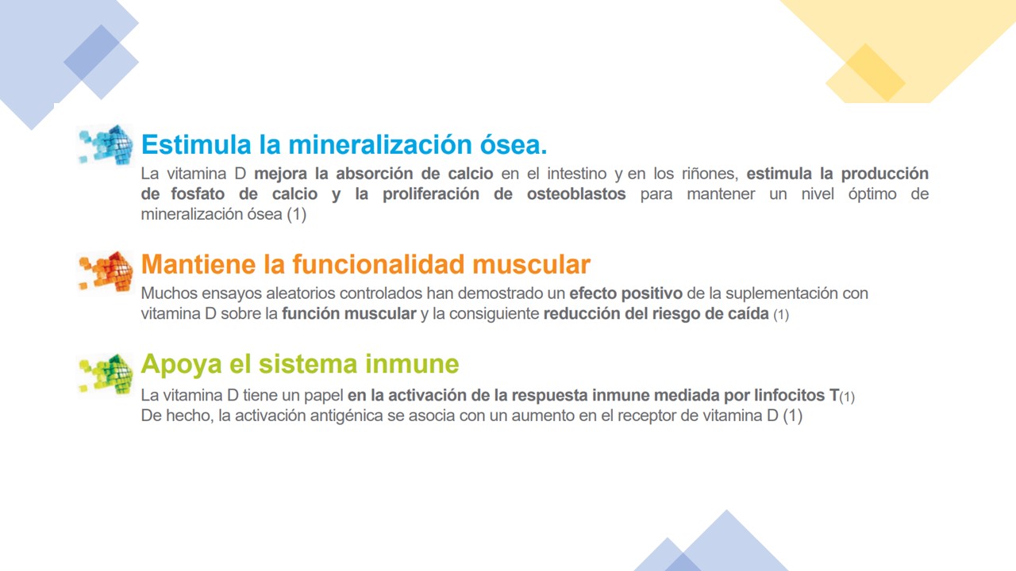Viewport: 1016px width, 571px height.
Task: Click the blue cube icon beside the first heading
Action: click(x=106, y=145)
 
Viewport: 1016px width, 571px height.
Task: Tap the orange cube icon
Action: click(x=106, y=271)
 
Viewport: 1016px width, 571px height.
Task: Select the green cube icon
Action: click(x=106, y=374)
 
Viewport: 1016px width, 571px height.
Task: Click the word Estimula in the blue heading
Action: click(x=196, y=144)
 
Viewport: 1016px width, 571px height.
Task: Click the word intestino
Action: click(x=577, y=174)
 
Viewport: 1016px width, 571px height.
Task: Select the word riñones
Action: click(x=710, y=174)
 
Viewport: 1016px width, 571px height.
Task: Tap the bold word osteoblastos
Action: click(x=576, y=194)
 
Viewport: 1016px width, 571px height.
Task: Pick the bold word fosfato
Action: click(x=198, y=194)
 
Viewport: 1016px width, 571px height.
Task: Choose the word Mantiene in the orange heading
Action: click(x=198, y=264)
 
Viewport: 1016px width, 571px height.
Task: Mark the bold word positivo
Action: click(x=652, y=293)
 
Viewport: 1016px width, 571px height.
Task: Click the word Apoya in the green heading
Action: click(x=182, y=365)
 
